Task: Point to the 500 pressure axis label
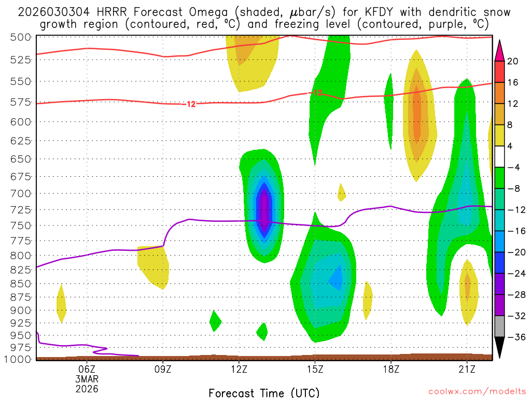coord(21,37)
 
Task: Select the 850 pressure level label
coord(21,283)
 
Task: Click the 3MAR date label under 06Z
coord(87,378)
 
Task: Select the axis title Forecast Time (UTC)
coord(264,392)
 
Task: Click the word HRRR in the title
coord(113,12)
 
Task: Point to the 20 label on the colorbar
coord(513,61)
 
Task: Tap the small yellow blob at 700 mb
coord(341,193)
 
